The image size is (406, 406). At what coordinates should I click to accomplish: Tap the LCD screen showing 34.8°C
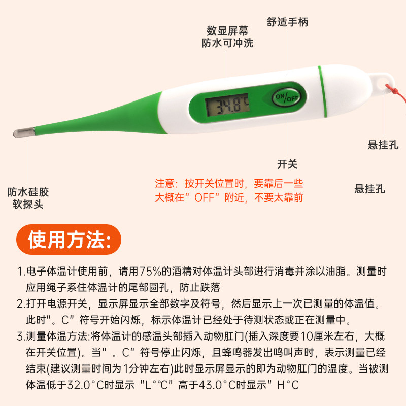coord(226,105)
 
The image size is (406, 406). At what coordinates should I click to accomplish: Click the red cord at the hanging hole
coord(391,88)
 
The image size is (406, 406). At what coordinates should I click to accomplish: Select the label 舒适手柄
coord(287,22)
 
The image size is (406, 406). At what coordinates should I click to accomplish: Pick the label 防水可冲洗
coord(227,43)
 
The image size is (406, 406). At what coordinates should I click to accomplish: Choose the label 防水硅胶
coord(28,192)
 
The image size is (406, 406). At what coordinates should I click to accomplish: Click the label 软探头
coord(28,205)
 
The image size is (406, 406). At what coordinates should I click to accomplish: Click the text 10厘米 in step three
coord(321,336)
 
